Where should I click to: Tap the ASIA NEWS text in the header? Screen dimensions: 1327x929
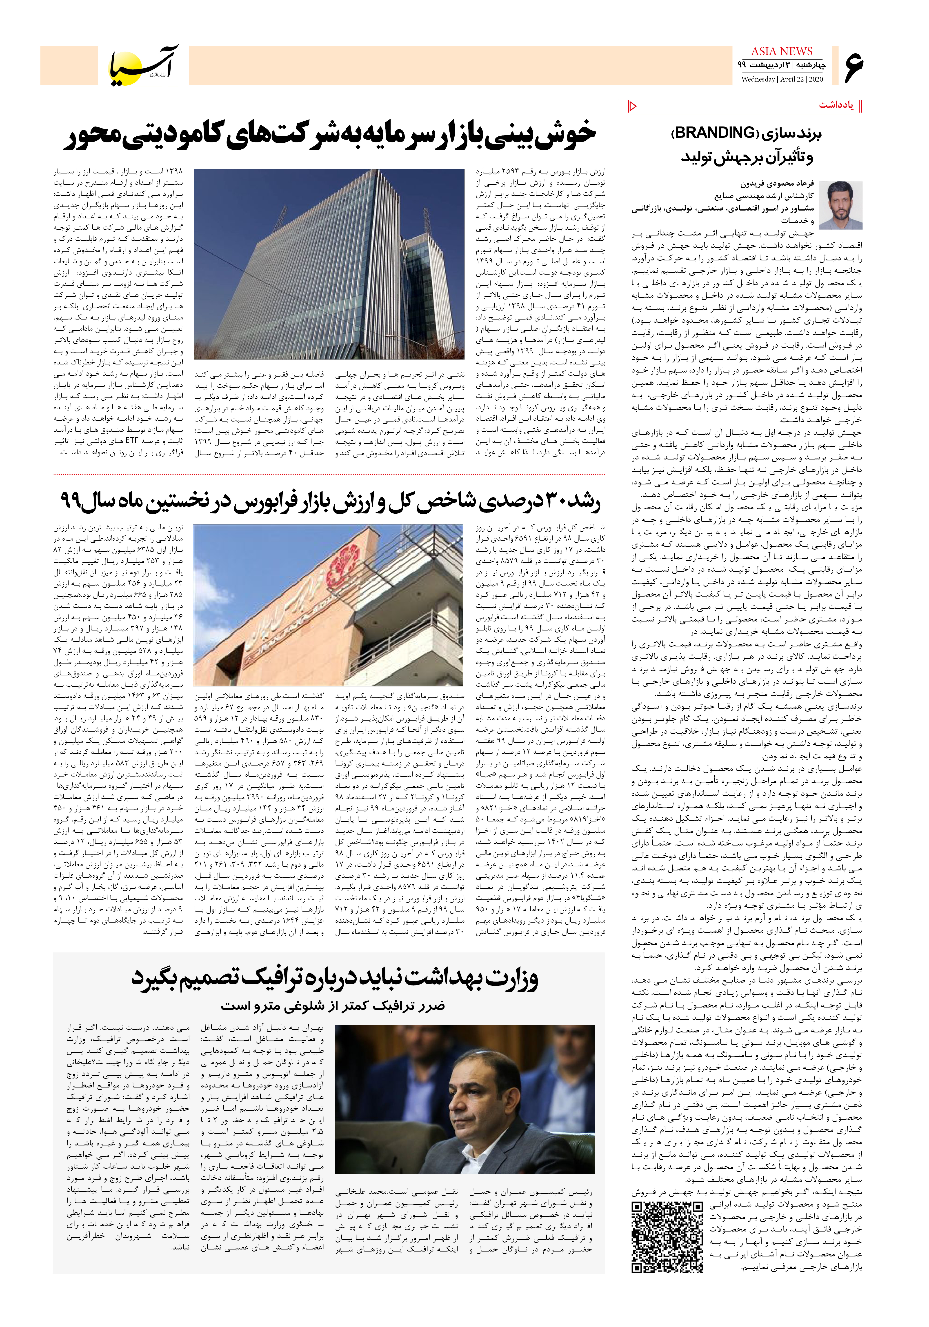tap(782, 51)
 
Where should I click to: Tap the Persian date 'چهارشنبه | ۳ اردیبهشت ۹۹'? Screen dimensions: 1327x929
tap(782, 65)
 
